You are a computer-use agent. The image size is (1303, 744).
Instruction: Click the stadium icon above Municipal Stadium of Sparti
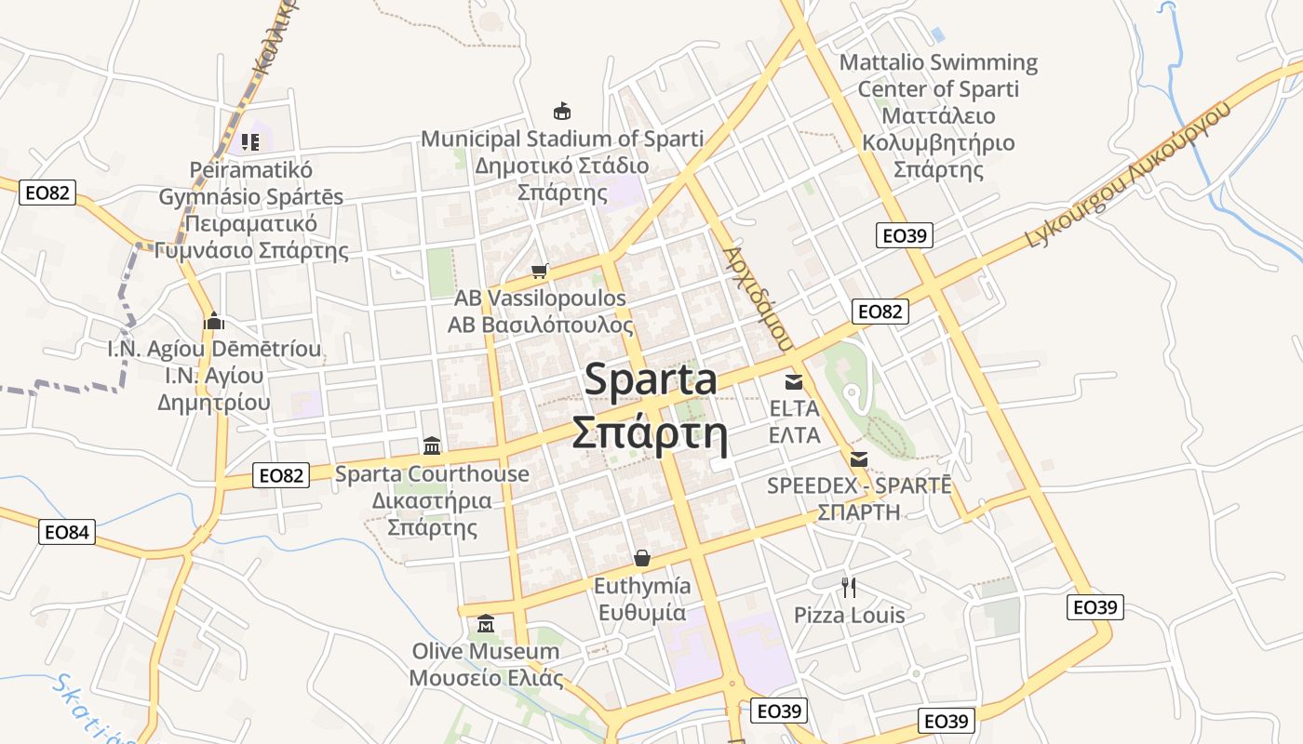pyautogui.click(x=561, y=112)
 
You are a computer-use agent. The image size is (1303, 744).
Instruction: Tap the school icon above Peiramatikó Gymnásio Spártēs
pyautogui.click(x=249, y=142)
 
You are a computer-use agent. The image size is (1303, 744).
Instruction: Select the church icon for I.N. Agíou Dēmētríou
pyautogui.click(x=215, y=321)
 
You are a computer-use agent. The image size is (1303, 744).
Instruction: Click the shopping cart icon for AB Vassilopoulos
pyautogui.click(x=539, y=272)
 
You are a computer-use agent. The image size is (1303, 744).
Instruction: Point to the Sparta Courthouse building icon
pyautogui.click(x=431, y=445)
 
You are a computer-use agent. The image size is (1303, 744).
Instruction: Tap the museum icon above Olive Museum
pyautogui.click(x=485, y=623)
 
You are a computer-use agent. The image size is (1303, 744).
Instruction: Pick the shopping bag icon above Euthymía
pyautogui.click(x=642, y=558)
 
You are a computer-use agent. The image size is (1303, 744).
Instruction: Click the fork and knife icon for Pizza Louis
pyautogui.click(x=848, y=587)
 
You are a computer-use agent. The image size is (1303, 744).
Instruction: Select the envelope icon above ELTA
pyautogui.click(x=794, y=381)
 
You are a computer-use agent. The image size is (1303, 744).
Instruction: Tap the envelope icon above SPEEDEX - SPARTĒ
pyautogui.click(x=858, y=458)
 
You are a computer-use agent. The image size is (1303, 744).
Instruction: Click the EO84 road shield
pyautogui.click(x=68, y=533)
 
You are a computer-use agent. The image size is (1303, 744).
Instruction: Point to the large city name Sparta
pyautogui.click(x=651, y=380)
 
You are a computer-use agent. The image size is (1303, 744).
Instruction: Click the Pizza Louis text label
pyautogui.click(x=849, y=616)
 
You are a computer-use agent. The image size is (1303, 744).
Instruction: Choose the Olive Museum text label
pyautogui.click(x=486, y=651)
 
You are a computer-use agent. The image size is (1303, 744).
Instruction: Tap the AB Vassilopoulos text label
pyautogui.click(x=540, y=299)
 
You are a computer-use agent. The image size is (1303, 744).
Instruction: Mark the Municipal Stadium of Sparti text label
pyautogui.click(x=562, y=139)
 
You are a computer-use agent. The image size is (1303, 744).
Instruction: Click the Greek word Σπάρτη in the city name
pyautogui.click(x=649, y=432)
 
